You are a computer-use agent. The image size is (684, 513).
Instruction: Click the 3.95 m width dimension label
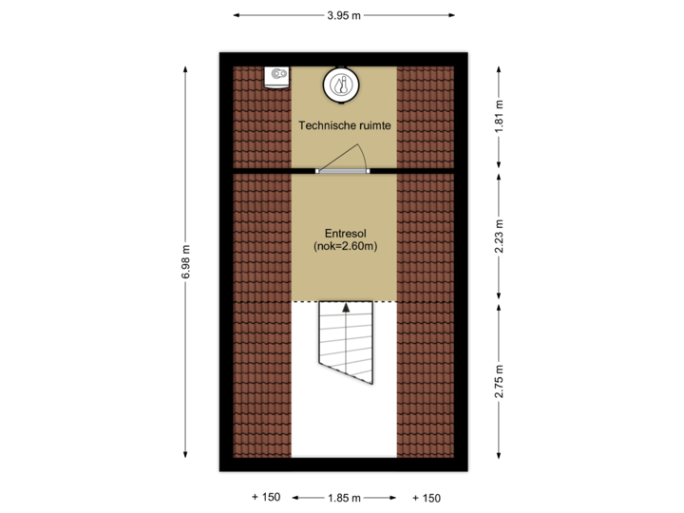pyautogui.click(x=345, y=14)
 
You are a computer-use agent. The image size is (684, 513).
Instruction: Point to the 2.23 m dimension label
pyautogui.click(x=500, y=237)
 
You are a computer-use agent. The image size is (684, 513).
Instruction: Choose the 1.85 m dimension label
pyautogui.click(x=344, y=498)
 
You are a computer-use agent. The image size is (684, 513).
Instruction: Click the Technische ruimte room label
pyautogui.click(x=345, y=124)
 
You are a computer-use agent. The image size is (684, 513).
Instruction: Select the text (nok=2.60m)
pyautogui.click(x=344, y=246)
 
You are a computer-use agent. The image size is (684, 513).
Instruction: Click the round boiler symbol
pyautogui.click(x=340, y=84)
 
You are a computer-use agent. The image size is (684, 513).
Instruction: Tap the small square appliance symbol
pyautogui.click(x=277, y=76)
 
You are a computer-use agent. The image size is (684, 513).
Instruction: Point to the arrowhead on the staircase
pyautogui.click(x=347, y=308)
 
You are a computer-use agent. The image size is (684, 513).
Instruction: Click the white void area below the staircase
pyautogui.click(x=344, y=427)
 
